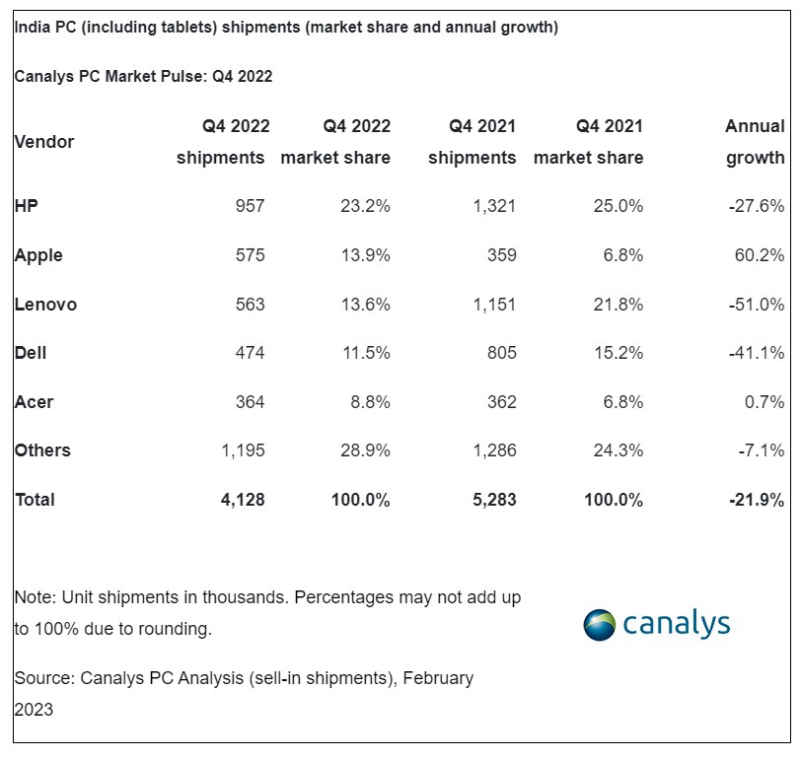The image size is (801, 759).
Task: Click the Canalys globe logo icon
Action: tap(600, 625)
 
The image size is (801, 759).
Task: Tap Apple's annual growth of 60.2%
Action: tap(759, 255)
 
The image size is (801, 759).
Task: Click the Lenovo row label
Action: tap(45, 305)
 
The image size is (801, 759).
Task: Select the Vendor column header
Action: tap(44, 142)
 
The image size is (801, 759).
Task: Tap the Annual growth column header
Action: tap(756, 142)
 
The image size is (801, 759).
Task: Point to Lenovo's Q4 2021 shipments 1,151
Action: tap(492, 305)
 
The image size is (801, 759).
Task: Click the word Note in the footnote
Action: tap(35, 597)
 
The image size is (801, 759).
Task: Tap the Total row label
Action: tap(35, 500)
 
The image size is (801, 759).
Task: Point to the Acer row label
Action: tap(34, 402)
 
